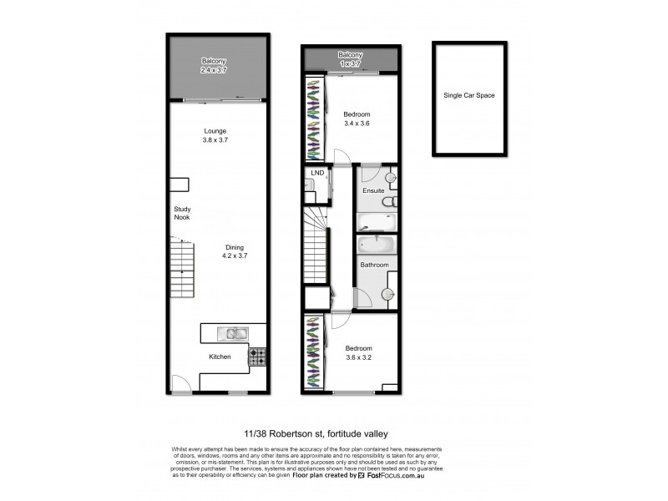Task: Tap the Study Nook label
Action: pos(182,213)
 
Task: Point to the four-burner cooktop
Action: pos(257,357)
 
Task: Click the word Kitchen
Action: pos(220,357)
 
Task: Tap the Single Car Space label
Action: pos(468,96)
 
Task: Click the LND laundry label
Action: pos(316,173)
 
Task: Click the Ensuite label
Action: pos(373,190)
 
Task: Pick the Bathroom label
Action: pos(374,265)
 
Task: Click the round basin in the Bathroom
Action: pos(388,294)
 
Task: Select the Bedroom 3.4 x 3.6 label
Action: pos(357,119)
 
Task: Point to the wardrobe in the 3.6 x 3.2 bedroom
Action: pos(313,351)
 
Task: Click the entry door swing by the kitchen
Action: pos(178,383)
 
